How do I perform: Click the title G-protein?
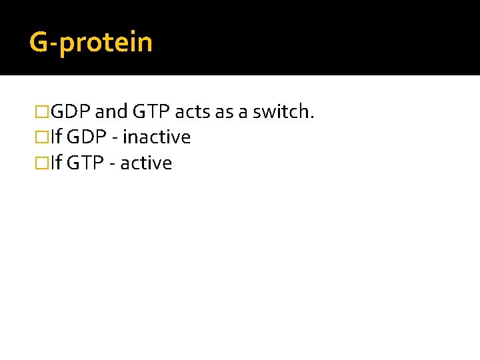[x=91, y=43]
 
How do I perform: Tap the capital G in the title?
[x=39, y=42]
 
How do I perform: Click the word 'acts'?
[x=193, y=112]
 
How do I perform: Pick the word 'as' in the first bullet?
[x=225, y=112]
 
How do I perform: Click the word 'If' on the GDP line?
[x=55, y=138]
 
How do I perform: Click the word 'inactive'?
[x=157, y=138]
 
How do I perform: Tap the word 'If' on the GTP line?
[x=55, y=163]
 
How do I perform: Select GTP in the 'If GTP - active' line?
[x=84, y=163]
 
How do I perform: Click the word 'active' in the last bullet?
[x=147, y=163]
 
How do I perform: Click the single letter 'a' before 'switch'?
[x=243, y=113]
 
